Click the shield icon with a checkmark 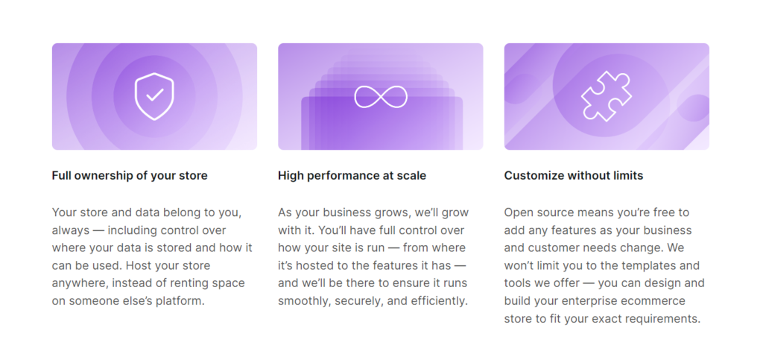(154, 96)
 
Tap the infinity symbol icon (381, 97)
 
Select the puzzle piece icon (606, 97)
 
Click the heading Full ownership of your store (130, 176)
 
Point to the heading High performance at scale (352, 176)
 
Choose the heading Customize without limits (573, 176)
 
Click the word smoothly (303, 302)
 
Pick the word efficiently (440, 302)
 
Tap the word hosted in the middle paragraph (311, 266)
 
